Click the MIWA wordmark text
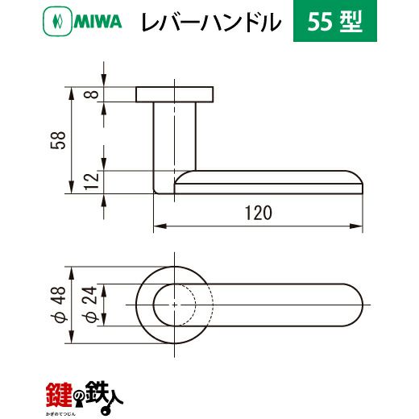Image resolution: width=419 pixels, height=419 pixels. pyautogui.click(x=97, y=22)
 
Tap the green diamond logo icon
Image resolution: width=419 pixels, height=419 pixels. pyautogui.click(x=57, y=22)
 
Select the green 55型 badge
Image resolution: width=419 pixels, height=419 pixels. pyautogui.click(x=335, y=21)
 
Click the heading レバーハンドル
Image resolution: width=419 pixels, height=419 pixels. pyautogui.click(x=211, y=22)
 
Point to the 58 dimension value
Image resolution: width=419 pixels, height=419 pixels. pyautogui.click(x=58, y=140)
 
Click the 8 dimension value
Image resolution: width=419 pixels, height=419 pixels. pyautogui.click(x=93, y=94)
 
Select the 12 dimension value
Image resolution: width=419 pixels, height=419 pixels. pyautogui.click(x=92, y=182)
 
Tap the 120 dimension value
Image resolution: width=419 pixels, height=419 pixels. pyautogui.click(x=259, y=213)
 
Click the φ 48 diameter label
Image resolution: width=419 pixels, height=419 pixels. pyautogui.click(x=58, y=305)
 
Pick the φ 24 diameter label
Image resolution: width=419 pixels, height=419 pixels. pyautogui.click(x=89, y=305)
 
